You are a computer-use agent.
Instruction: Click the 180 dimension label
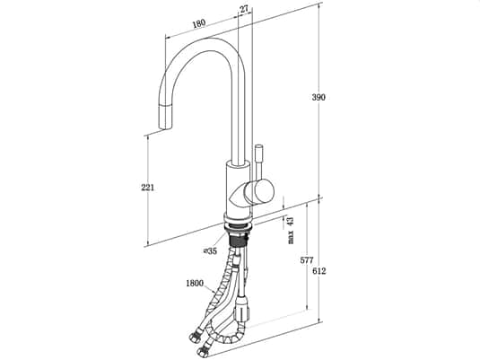[199, 23]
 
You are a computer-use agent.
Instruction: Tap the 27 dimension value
[244, 9]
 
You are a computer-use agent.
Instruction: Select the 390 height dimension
[319, 97]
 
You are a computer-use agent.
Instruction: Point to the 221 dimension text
[147, 188]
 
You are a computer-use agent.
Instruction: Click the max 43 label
[291, 230]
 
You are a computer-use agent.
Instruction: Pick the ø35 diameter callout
[210, 251]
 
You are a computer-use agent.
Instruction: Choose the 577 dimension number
[307, 260]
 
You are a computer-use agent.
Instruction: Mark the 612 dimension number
[319, 271]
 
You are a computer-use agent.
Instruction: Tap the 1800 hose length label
[195, 284]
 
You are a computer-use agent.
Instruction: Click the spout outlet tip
[165, 127]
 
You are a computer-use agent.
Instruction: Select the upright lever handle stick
[258, 162]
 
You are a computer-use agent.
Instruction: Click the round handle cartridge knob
[259, 192]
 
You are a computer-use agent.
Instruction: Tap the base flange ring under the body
[238, 222]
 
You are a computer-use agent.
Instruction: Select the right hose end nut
[203, 350]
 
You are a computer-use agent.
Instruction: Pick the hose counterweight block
[241, 309]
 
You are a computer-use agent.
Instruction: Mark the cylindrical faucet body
[238, 189]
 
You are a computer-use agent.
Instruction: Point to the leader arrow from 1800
[209, 288]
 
